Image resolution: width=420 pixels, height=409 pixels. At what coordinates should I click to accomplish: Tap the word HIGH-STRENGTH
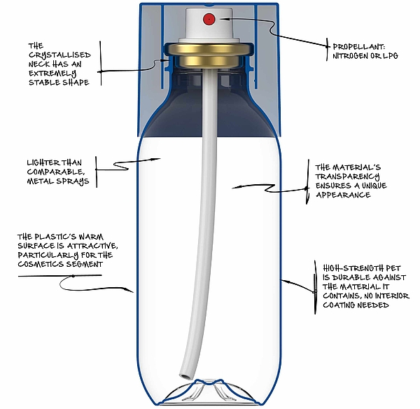(348, 268)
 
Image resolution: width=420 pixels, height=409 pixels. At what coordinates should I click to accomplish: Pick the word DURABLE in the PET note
(346, 277)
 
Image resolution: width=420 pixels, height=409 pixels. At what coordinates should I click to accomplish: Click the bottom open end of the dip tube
(188, 378)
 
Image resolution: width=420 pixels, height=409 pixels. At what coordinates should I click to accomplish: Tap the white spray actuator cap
(207, 28)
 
